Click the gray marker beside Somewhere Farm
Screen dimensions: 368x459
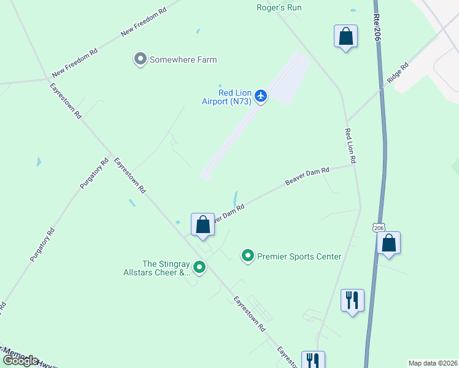(140, 59)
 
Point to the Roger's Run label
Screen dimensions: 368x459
(279, 7)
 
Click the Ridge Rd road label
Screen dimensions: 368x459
(397, 73)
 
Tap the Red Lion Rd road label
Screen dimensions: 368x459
(352, 145)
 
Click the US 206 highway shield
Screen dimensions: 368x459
(379, 227)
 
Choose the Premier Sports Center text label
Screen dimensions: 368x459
(299, 256)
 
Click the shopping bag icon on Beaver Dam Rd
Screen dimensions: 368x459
(202, 224)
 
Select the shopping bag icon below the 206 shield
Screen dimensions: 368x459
(388, 243)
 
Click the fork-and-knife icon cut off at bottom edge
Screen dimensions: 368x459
(312, 360)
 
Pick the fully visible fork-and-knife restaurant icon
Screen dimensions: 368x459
(352, 301)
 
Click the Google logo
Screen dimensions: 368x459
(21, 361)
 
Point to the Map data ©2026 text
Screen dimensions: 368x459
(432, 363)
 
